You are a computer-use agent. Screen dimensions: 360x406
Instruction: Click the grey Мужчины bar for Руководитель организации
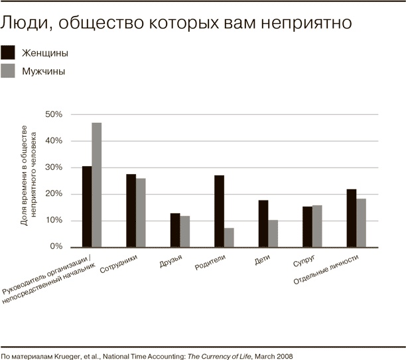coord(97,185)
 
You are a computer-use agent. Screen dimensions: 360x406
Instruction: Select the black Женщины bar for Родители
coord(219,211)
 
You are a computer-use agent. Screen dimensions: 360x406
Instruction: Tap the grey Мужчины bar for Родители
coord(229,237)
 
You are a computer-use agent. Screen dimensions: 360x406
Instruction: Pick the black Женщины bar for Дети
coord(263,223)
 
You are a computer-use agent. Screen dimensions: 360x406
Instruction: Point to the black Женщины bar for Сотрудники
coord(131,210)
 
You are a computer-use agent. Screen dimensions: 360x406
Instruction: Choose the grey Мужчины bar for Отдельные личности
coord(361,223)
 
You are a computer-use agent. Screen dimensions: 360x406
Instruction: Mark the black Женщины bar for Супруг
coord(307,226)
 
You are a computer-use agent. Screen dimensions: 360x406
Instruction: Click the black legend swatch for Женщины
coord(8,52)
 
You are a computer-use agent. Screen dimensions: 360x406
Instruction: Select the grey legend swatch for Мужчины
coord(8,70)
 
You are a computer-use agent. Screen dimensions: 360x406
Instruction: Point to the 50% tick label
coord(53,114)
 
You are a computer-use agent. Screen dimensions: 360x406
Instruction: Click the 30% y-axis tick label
coord(53,167)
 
